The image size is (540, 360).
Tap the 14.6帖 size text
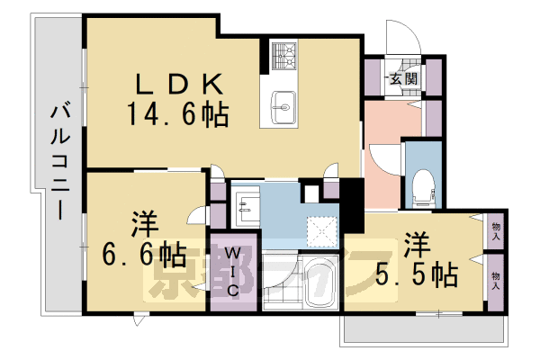coord(177,115)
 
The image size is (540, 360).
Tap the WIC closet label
coord(231,271)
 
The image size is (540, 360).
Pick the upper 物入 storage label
coord(496,230)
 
